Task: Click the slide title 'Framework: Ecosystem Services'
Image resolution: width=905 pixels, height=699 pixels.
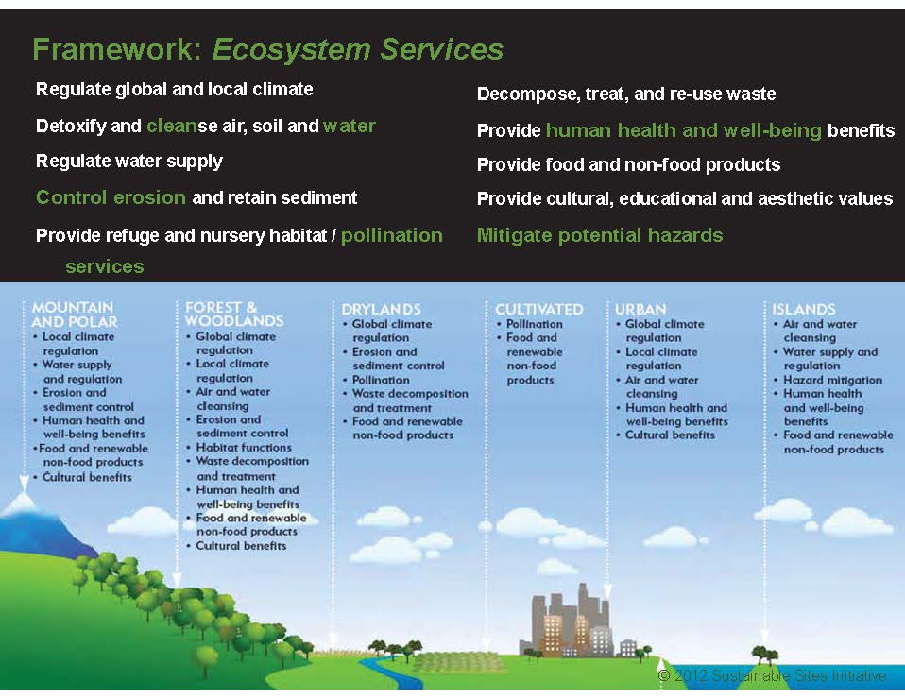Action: click(x=267, y=49)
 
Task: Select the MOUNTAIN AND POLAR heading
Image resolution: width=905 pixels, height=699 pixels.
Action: click(x=73, y=315)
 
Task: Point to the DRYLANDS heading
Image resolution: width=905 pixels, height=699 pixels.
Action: click(x=381, y=309)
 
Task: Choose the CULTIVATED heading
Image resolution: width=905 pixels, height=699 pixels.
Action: click(x=538, y=309)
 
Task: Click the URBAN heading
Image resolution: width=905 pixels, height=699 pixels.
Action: click(x=640, y=309)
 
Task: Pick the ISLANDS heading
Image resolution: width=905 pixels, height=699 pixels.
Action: click(x=803, y=309)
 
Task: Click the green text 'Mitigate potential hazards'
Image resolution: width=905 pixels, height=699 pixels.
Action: click(x=600, y=235)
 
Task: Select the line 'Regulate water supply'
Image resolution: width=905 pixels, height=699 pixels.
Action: click(x=129, y=162)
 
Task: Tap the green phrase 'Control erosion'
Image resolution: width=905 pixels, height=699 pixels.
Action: click(x=111, y=197)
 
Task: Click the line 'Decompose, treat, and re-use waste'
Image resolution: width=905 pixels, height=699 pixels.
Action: click(x=626, y=94)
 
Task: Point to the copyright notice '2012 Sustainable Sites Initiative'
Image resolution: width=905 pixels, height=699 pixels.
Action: click(x=773, y=676)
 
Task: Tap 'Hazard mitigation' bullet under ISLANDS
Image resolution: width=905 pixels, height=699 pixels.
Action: click(x=832, y=380)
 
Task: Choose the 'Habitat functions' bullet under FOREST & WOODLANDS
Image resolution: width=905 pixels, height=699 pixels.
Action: click(x=244, y=448)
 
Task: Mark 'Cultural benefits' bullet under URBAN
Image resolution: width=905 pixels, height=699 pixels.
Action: click(x=670, y=435)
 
